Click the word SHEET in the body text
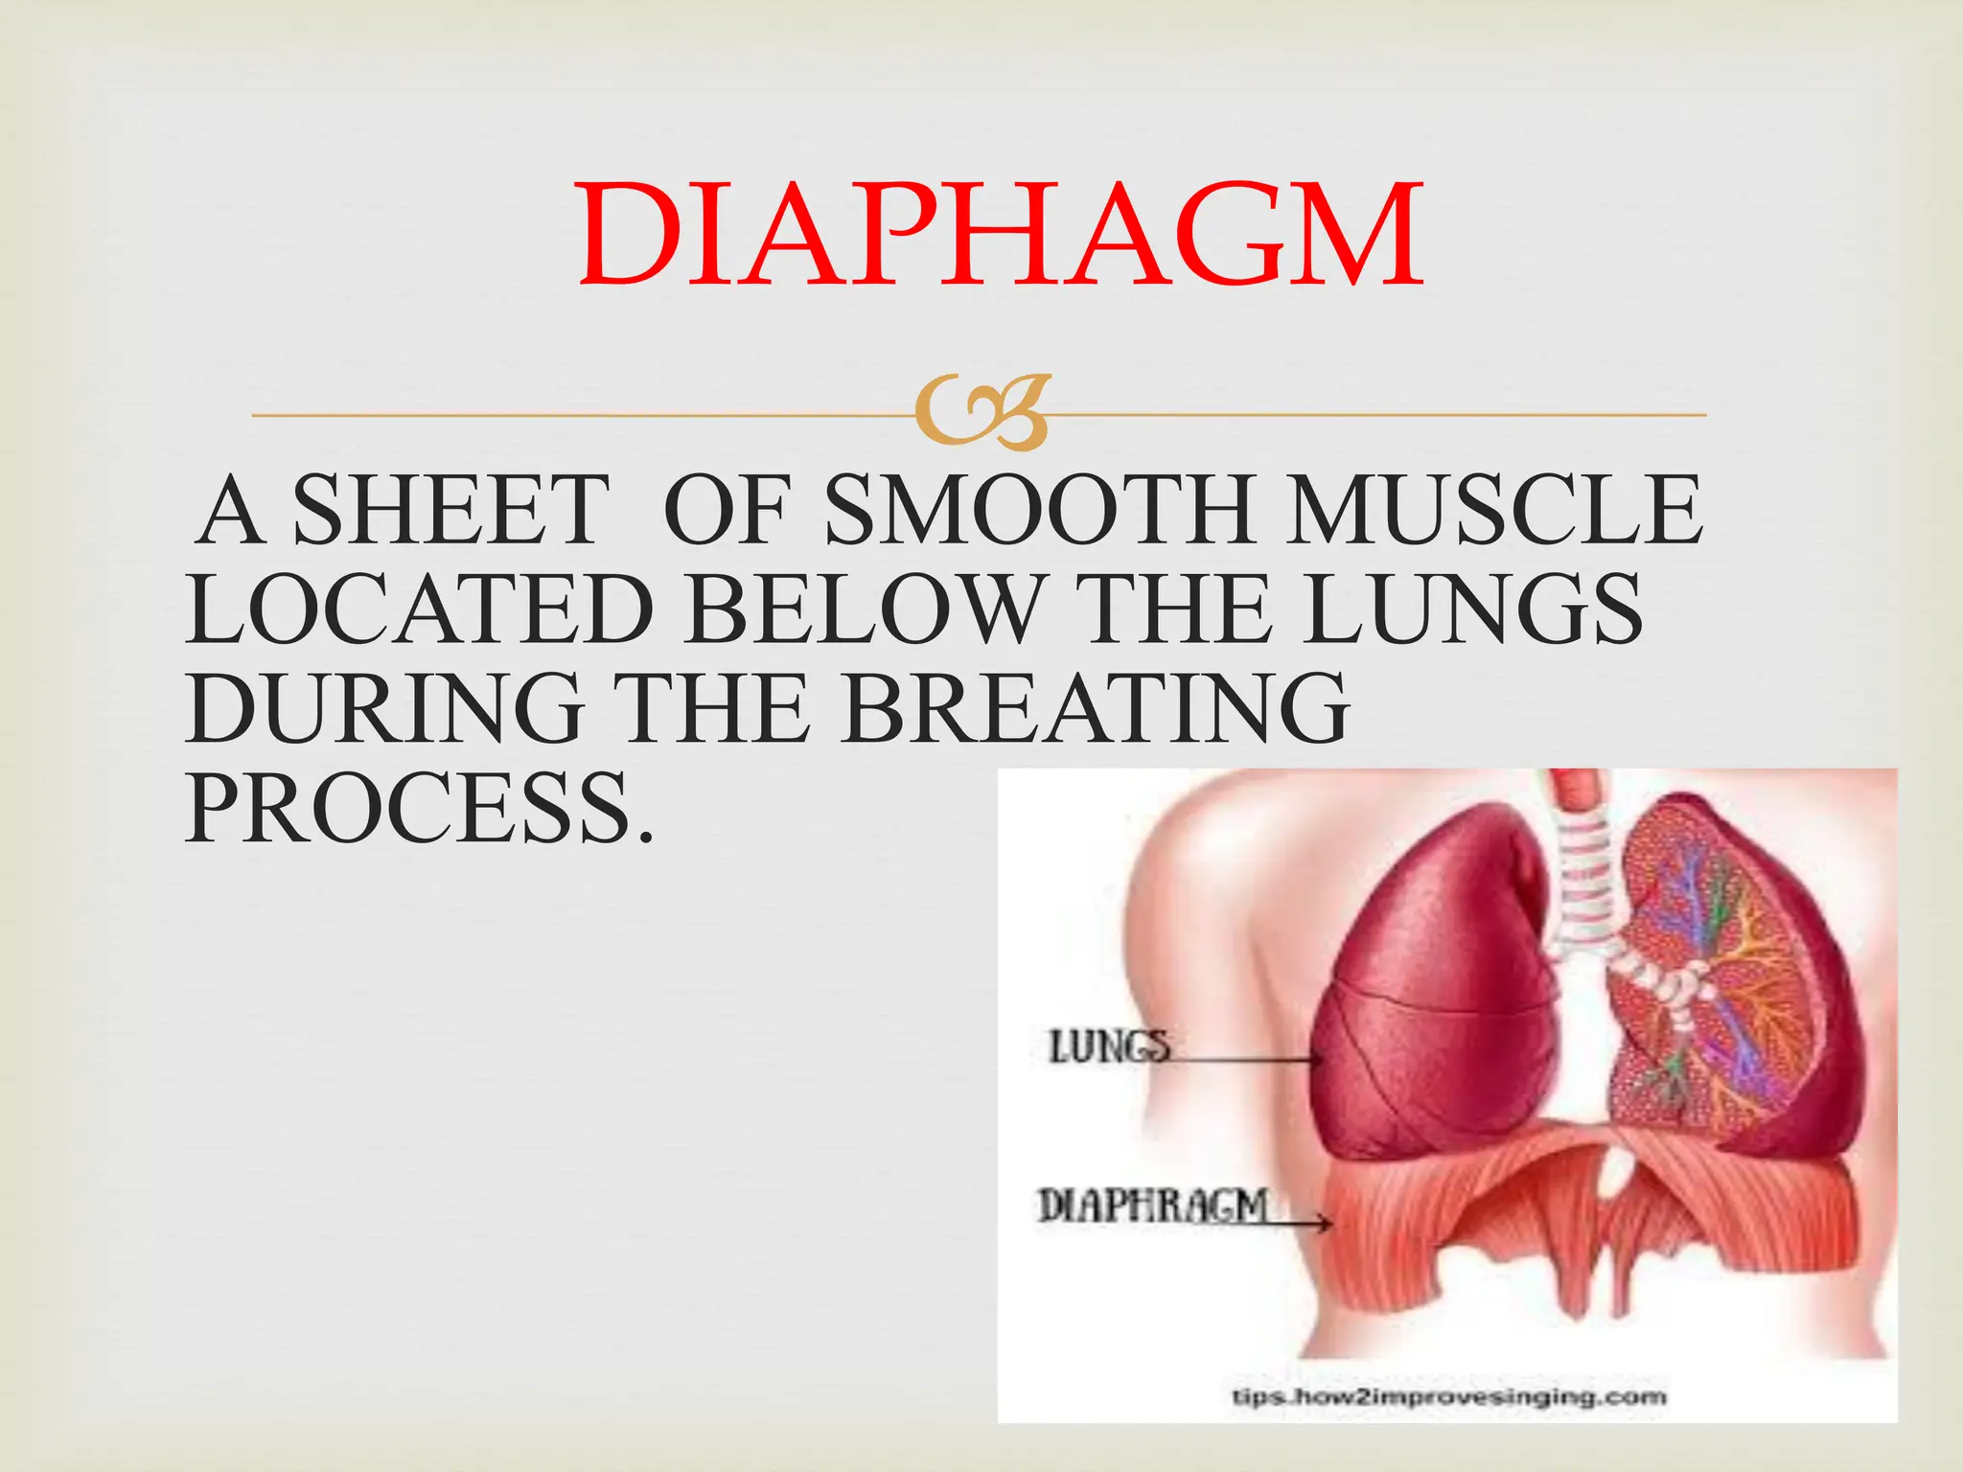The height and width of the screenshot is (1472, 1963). (451, 511)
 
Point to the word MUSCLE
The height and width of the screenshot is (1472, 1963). (1495, 511)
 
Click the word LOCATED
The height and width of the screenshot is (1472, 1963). (420, 610)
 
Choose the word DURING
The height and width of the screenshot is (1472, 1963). (384, 710)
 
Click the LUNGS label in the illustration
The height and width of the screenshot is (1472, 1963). (1109, 1046)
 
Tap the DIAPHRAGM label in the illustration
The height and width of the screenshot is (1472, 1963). (1153, 1205)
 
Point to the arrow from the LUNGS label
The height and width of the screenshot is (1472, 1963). (1246, 1060)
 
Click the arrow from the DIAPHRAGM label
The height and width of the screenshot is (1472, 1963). (1301, 1223)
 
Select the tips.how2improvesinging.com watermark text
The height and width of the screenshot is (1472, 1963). (1448, 1396)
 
